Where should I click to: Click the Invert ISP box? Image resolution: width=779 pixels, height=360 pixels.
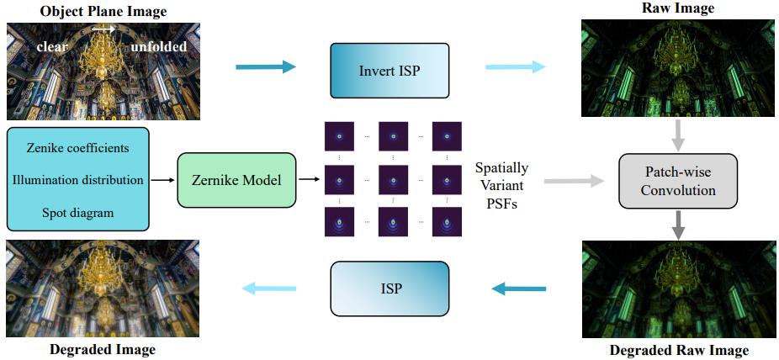tap(389, 68)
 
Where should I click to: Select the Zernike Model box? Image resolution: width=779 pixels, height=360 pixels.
tap(236, 180)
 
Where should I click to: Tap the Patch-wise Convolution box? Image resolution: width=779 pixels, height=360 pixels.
tap(677, 180)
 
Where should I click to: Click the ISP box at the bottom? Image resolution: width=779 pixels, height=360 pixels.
tap(389, 289)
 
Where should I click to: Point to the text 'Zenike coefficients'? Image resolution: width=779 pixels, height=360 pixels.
tap(77, 148)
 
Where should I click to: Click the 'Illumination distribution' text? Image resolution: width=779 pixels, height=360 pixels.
tap(77, 180)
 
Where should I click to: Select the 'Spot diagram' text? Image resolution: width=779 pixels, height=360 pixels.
tap(77, 213)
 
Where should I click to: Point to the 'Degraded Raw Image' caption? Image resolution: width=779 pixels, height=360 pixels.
tap(677, 350)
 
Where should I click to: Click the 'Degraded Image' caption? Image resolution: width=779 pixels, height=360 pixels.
tap(101, 349)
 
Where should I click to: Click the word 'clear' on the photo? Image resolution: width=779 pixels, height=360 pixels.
tap(51, 46)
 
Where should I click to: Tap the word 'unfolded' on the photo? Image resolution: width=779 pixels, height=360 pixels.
tap(159, 46)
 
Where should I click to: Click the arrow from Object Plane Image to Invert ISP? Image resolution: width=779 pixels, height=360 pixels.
tap(266, 67)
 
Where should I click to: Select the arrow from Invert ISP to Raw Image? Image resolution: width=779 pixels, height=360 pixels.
tap(515, 67)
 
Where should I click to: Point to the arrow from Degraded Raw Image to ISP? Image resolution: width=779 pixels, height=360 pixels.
tap(518, 289)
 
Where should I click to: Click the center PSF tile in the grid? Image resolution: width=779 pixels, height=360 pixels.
tap(393, 180)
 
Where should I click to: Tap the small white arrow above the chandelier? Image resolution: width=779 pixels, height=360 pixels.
tap(103, 29)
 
